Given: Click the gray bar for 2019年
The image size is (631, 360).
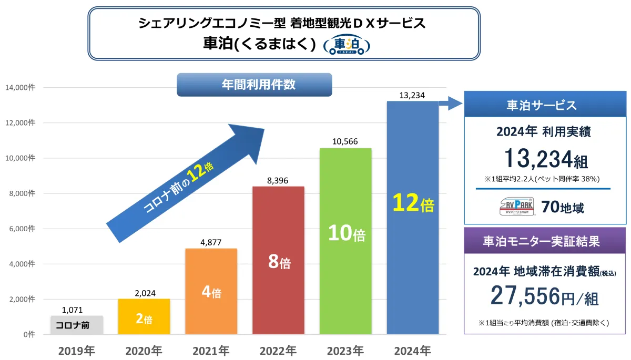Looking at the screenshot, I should point(77,325).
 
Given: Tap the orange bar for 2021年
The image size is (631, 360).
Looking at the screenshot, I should point(211,291).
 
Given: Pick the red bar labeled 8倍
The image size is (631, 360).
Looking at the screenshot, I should point(278,260).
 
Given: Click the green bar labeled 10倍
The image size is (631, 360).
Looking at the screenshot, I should point(345,241).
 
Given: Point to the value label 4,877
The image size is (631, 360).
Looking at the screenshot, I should point(211,242).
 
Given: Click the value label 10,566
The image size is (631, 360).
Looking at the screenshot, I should point(345,142).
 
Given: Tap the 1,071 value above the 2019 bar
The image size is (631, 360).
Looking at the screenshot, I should point(72,310).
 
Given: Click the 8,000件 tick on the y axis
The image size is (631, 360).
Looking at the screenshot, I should point(20,193).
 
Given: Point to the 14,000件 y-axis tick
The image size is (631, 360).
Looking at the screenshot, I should point(20,87).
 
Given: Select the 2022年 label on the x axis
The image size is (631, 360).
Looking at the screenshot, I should point(278,350).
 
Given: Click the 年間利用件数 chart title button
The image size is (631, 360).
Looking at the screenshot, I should point(255,85).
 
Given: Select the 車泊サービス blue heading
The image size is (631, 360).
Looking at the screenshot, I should point(545,105).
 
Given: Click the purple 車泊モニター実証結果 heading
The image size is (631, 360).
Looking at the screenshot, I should point(545,241).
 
